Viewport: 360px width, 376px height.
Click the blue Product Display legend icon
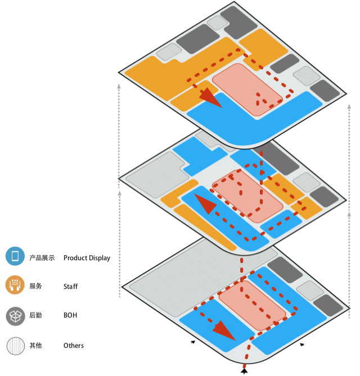[15, 257]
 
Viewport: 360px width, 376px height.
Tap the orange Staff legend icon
[15, 286]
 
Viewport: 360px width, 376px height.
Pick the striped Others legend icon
[15, 345]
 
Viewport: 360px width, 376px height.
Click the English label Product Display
[87, 258]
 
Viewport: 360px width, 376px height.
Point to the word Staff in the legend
[70, 287]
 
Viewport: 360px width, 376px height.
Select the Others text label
[74, 346]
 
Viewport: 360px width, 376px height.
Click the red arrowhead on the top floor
[210, 97]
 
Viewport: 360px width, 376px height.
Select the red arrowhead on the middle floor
[205, 203]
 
